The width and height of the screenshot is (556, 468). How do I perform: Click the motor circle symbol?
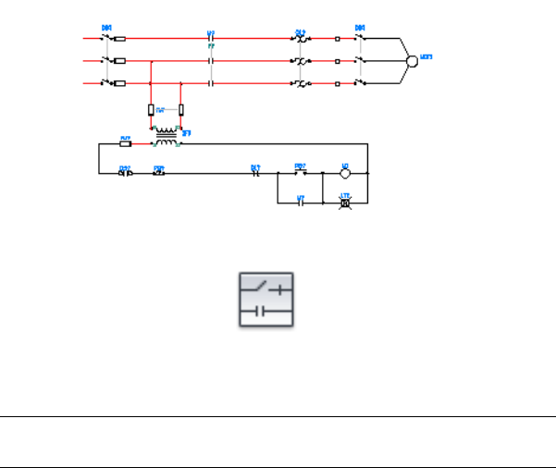pyautogui.click(x=413, y=61)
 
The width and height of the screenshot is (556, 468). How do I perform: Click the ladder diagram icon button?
pyautogui.click(x=266, y=299)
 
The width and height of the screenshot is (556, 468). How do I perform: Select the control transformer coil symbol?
pyautogui.click(x=167, y=137)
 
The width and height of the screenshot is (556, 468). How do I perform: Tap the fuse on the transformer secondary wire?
pyautogui.click(x=126, y=143)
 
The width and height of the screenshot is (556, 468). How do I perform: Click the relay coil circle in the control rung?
pyautogui.click(x=344, y=173)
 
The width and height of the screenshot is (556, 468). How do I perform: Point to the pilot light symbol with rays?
pyautogui.click(x=345, y=203)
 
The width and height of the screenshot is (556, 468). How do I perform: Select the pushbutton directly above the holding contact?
pyautogui.click(x=300, y=172)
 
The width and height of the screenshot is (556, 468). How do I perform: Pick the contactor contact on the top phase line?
pyautogui.click(x=212, y=39)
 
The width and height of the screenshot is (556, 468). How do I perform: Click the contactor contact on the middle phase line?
pyautogui.click(x=212, y=61)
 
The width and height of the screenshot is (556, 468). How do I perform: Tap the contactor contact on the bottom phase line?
pyautogui.click(x=212, y=83)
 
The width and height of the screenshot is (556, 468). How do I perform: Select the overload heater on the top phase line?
pyautogui.click(x=300, y=39)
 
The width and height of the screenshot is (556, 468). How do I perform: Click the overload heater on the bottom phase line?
pyautogui.click(x=300, y=83)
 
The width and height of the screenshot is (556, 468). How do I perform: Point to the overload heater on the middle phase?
pyautogui.click(x=300, y=61)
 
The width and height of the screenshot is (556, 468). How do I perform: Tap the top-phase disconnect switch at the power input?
pyautogui.click(x=107, y=39)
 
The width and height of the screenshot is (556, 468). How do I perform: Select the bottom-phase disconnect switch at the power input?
pyautogui.click(x=107, y=83)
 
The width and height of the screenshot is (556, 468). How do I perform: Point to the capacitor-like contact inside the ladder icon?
pyautogui.click(x=262, y=311)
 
